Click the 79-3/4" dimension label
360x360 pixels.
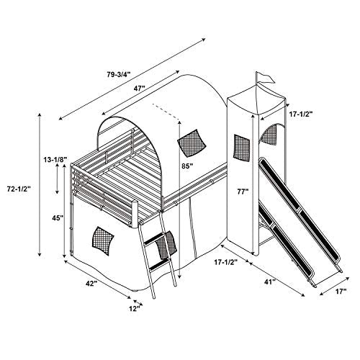click(x=119, y=74)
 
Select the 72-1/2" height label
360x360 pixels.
click(x=19, y=189)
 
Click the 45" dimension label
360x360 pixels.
click(x=58, y=218)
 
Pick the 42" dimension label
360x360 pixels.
click(x=91, y=284)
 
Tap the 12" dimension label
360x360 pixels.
click(x=135, y=308)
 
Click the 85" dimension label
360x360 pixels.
click(x=187, y=166)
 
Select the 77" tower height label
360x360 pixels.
click(x=243, y=192)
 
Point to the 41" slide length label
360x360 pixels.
click(x=270, y=282)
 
